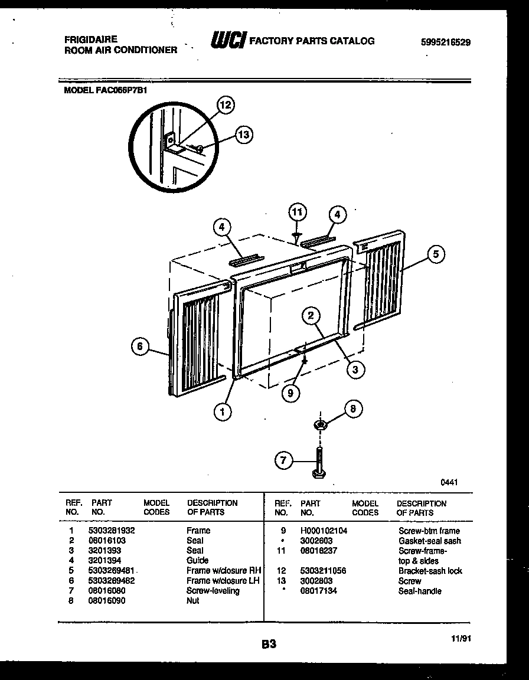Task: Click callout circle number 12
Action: pyautogui.click(x=225, y=106)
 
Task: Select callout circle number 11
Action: pyautogui.click(x=298, y=212)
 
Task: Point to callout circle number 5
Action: pyautogui.click(x=436, y=254)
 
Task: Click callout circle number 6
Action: pyautogui.click(x=140, y=346)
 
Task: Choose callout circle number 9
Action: pyautogui.click(x=291, y=393)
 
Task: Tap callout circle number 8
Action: pyautogui.click(x=353, y=408)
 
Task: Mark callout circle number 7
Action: pyautogui.click(x=285, y=460)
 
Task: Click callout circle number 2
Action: pyautogui.click(x=311, y=316)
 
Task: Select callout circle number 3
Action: pyautogui.click(x=355, y=370)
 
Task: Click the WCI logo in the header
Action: pyautogui.click(x=227, y=40)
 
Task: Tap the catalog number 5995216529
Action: pyautogui.click(x=446, y=42)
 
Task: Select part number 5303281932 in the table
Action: pyautogui.click(x=112, y=531)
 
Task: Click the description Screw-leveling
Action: pyautogui.click(x=213, y=590)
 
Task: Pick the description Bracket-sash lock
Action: pyautogui.click(x=430, y=571)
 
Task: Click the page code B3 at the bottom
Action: pyautogui.click(x=269, y=645)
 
